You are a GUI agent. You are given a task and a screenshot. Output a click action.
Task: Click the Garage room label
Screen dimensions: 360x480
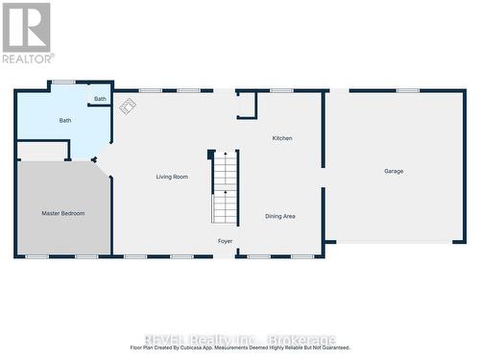(x=394, y=171)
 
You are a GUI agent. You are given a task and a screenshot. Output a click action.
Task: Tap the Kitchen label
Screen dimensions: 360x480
(x=281, y=138)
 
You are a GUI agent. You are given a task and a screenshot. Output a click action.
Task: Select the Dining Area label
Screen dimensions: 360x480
(x=279, y=216)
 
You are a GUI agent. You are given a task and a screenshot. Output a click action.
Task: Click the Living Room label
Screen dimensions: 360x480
(x=173, y=177)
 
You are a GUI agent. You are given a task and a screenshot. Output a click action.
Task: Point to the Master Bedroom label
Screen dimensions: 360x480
(x=62, y=213)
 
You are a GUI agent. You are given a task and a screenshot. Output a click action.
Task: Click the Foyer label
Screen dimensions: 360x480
(x=225, y=241)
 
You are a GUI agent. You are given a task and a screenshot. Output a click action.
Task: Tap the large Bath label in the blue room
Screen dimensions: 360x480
(x=65, y=120)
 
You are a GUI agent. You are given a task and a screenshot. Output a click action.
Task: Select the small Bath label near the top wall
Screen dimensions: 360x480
(x=100, y=99)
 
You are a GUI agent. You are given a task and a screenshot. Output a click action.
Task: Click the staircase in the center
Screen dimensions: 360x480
(x=224, y=186)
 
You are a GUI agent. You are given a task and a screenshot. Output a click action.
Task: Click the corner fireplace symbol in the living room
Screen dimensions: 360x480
(x=127, y=107)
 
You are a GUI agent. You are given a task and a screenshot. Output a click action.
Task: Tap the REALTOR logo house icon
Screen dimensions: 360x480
(x=26, y=26)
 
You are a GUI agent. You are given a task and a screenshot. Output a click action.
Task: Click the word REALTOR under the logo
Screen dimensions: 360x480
(x=28, y=59)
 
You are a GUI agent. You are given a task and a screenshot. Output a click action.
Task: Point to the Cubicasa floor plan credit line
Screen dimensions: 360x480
(x=240, y=348)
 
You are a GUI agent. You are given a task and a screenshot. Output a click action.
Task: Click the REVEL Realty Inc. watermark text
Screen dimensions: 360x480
(x=240, y=339)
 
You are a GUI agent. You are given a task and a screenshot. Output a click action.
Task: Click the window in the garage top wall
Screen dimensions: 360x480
(x=407, y=90)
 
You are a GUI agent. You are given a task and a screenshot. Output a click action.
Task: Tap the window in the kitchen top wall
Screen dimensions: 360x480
(x=281, y=90)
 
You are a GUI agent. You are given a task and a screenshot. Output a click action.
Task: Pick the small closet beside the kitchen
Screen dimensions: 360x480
(x=247, y=106)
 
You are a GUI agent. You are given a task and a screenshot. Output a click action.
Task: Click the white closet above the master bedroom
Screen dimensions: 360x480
(x=42, y=151)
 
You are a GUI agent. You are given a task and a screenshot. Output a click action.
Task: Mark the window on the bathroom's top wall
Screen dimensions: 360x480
(x=63, y=82)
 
